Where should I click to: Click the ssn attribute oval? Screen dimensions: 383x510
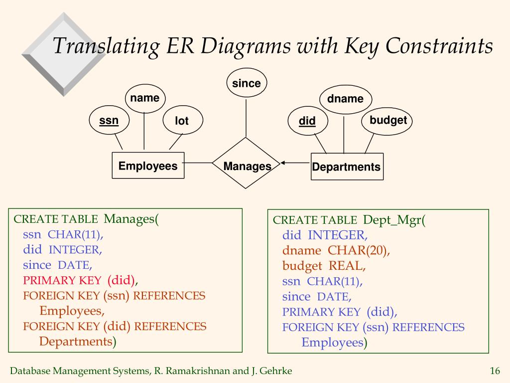tap(109, 121)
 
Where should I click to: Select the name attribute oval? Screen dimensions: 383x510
tap(145, 98)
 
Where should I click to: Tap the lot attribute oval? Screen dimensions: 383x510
tap(182, 121)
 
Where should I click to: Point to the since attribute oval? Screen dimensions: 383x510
tap(247, 83)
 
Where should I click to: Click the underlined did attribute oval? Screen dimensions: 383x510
tap(307, 121)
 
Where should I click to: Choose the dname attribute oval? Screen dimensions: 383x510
tap(345, 99)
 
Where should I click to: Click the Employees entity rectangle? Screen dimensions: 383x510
tap(148, 166)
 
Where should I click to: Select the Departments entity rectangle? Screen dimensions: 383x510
tap(347, 167)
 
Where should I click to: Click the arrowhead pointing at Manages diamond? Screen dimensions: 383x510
tap(282, 163)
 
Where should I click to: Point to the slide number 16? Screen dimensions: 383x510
tap(495, 371)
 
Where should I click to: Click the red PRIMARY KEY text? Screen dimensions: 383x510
tap(62, 280)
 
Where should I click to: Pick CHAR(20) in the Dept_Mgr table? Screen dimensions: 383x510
tap(359, 250)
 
